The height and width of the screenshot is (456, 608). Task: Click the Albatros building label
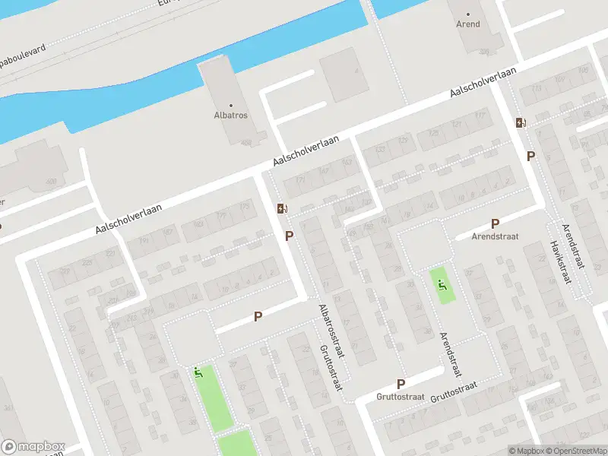(231, 116)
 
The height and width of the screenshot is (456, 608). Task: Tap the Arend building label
(468, 24)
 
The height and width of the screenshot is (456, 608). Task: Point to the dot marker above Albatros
(231, 106)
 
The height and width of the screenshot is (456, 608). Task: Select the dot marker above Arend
(468, 14)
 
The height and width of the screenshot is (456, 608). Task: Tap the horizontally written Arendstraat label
(494, 236)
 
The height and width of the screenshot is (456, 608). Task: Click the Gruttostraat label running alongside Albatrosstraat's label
(328, 371)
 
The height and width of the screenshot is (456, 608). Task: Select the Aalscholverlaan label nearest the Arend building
(483, 81)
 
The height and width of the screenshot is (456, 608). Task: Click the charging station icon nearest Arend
(521, 122)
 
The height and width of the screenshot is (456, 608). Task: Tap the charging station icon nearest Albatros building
(282, 208)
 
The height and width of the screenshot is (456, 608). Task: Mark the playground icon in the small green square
(442, 285)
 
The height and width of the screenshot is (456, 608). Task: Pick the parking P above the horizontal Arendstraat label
(495, 223)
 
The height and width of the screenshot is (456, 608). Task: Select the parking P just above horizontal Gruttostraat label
(401, 384)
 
